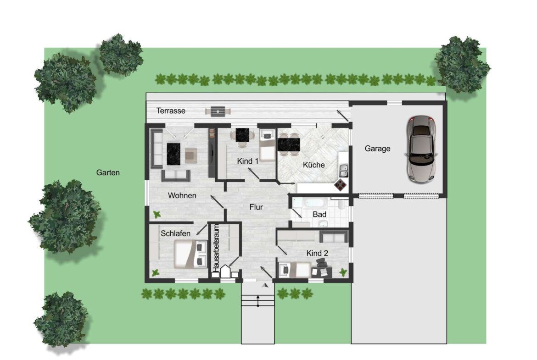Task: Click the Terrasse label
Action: click(171, 111)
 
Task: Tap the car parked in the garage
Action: click(421, 149)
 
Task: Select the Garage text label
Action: click(377, 149)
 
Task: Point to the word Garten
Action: click(108, 172)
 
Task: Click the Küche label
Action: click(313, 165)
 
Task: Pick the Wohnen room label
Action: click(182, 195)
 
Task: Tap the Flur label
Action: click(256, 207)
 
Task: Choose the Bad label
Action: click(319, 215)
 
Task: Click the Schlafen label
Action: click(175, 233)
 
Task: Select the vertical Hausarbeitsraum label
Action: click(216, 249)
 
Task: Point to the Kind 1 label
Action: click(247, 161)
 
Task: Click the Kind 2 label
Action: click(317, 253)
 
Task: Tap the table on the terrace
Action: click(218, 111)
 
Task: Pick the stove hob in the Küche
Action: click(341, 185)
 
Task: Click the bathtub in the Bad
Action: click(310, 203)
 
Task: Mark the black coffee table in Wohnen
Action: click(173, 154)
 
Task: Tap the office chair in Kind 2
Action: click(321, 263)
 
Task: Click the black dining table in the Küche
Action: click(289, 144)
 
